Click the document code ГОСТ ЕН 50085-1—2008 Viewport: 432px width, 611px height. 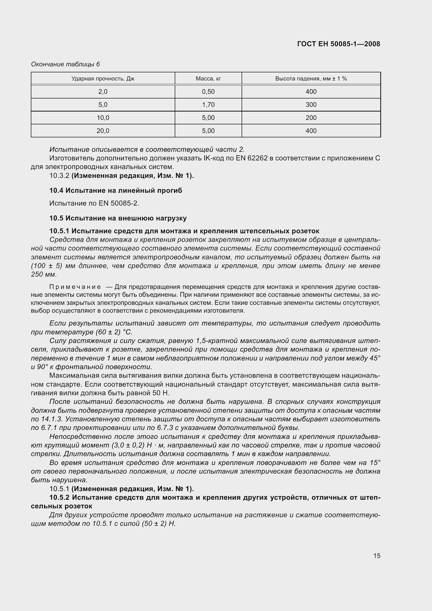(338, 44)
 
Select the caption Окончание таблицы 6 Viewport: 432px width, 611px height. (66, 65)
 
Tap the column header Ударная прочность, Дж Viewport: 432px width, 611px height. (103, 79)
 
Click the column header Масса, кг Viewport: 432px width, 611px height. (208, 79)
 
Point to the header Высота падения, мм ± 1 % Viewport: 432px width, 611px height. (311, 79)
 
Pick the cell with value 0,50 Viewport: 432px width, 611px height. (208, 92)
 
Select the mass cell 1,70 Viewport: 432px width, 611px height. (208, 105)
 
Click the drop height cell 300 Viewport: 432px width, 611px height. (311, 105)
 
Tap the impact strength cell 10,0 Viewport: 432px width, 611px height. (103, 118)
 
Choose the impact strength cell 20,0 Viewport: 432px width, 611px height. (103, 131)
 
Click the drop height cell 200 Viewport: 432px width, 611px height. (311, 118)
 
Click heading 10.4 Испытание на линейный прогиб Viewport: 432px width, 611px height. (116, 190)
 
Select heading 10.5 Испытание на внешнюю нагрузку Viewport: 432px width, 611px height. (118, 218)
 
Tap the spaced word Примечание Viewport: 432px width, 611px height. (75, 287)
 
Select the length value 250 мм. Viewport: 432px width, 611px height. (44, 274)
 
